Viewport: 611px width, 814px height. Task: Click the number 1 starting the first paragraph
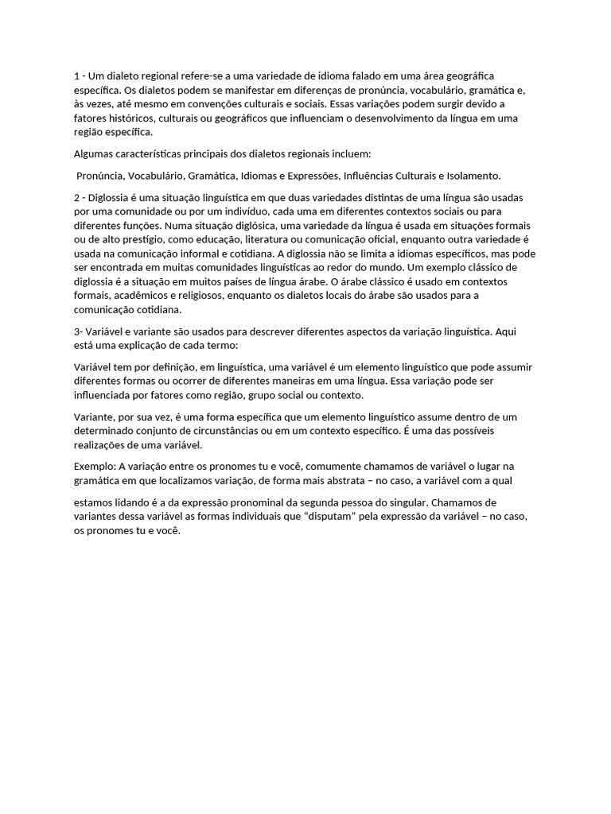tap(76, 76)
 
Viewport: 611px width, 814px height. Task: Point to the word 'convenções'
tap(229, 104)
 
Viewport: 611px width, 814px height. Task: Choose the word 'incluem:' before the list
tap(348, 153)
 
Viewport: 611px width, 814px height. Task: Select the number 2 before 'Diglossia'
tap(76, 196)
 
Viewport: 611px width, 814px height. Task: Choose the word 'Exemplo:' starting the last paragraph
tap(95, 466)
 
